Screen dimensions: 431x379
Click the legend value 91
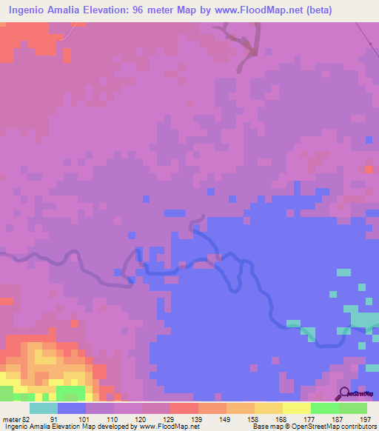(53, 418)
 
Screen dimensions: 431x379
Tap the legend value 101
(82, 418)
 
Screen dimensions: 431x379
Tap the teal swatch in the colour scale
(44, 408)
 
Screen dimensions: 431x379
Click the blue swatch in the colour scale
(72, 408)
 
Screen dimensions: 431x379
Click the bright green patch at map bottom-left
(70, 392)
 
